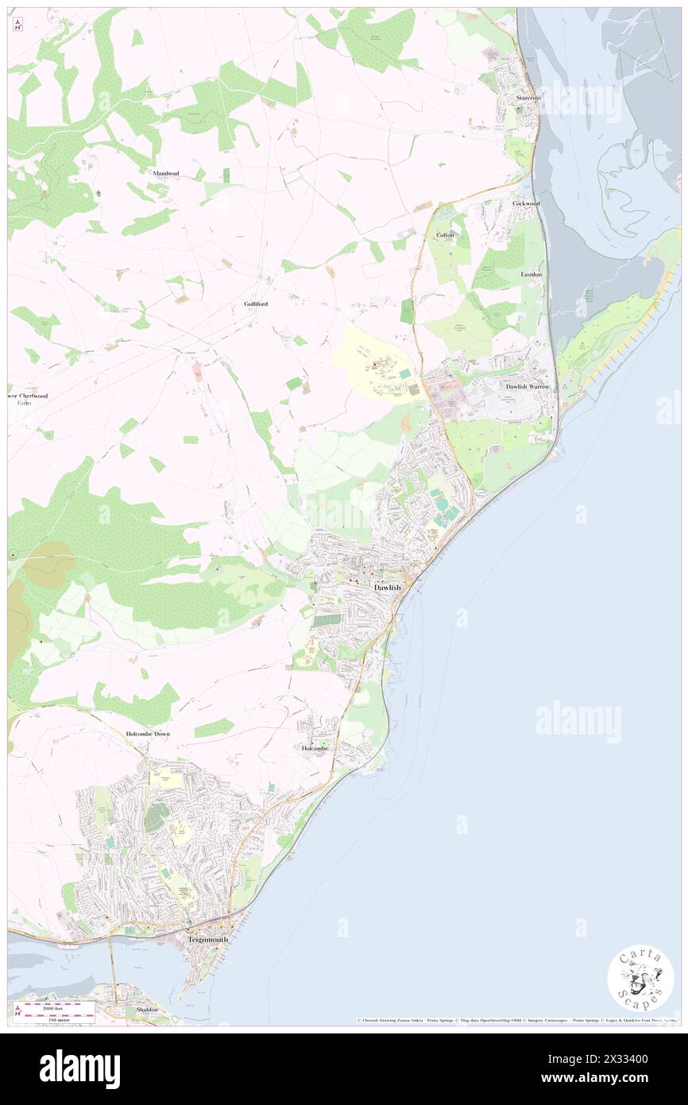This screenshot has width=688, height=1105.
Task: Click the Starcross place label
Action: click(528, 98)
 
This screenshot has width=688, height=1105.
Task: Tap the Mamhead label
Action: click(166, 173)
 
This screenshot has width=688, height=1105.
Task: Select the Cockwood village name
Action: click(526, 204)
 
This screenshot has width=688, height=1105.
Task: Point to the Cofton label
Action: click(445, 235)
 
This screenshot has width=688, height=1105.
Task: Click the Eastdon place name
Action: click(531, 274)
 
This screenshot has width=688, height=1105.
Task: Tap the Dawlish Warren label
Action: click(527, 386)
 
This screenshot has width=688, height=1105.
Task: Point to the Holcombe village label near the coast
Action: click(315, 748)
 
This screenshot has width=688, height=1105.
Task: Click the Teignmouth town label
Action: click(208, 939)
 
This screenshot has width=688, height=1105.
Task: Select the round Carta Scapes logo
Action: click(640, 978)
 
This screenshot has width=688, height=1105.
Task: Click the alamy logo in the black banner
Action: click(79, 1068)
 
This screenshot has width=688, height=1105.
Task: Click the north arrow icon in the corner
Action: click(17, 25)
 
